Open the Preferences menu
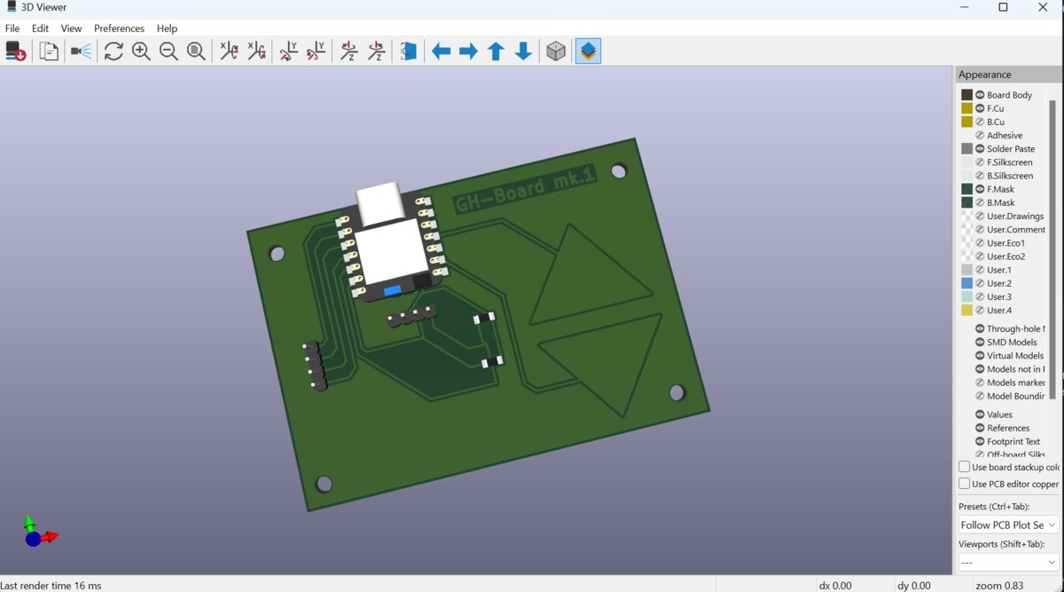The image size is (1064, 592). pyautogui.click(x=119, y=28)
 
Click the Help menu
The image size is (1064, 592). pyautogui.click(x=167, y=28)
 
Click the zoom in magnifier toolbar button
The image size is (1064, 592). pyautogui.click(x=141, y=51)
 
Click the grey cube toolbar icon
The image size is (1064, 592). pyautogui.click(x=556, y=51)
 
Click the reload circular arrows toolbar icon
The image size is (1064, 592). pyautogui.click(x=113, y=51)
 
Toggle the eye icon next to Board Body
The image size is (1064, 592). pyautogui.click(x=981, y=95)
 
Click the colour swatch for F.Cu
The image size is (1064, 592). pyautogui.click(x=966, y=108)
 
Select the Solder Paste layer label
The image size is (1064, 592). pyautogui.click(x=1010, y=149)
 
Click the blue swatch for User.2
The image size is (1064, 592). pyautogui.click(x=966, y=283)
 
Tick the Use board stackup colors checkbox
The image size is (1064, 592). pyautogui.click(x=964, y=467)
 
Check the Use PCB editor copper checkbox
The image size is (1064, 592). pyautogui.click(x=964, y=484)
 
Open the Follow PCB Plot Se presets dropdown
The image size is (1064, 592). pyautogui.click(x=1008, y=525)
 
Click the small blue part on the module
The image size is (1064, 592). pyautogui.click(x=393, y=289)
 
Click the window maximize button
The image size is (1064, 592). pyautogui.click(x=1003, y=8)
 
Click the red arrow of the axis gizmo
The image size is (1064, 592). pyautogui.click(x=51, y=536)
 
